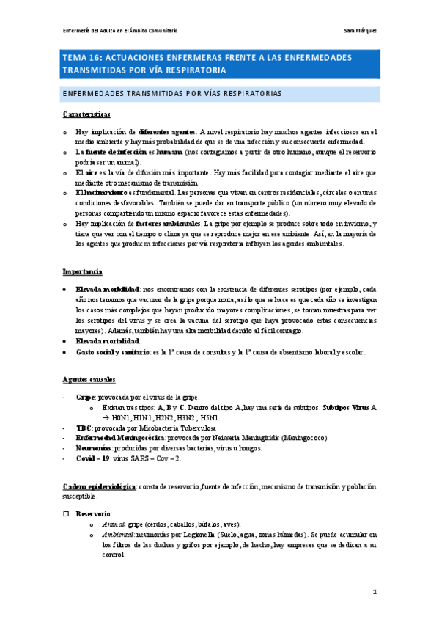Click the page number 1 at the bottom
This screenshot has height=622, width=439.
(x=374, y=592)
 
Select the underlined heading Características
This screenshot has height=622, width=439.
(x=86, y=114)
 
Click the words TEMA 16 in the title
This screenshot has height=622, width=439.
(x=82, y=57)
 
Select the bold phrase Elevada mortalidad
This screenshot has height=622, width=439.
(x=108, y=341)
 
